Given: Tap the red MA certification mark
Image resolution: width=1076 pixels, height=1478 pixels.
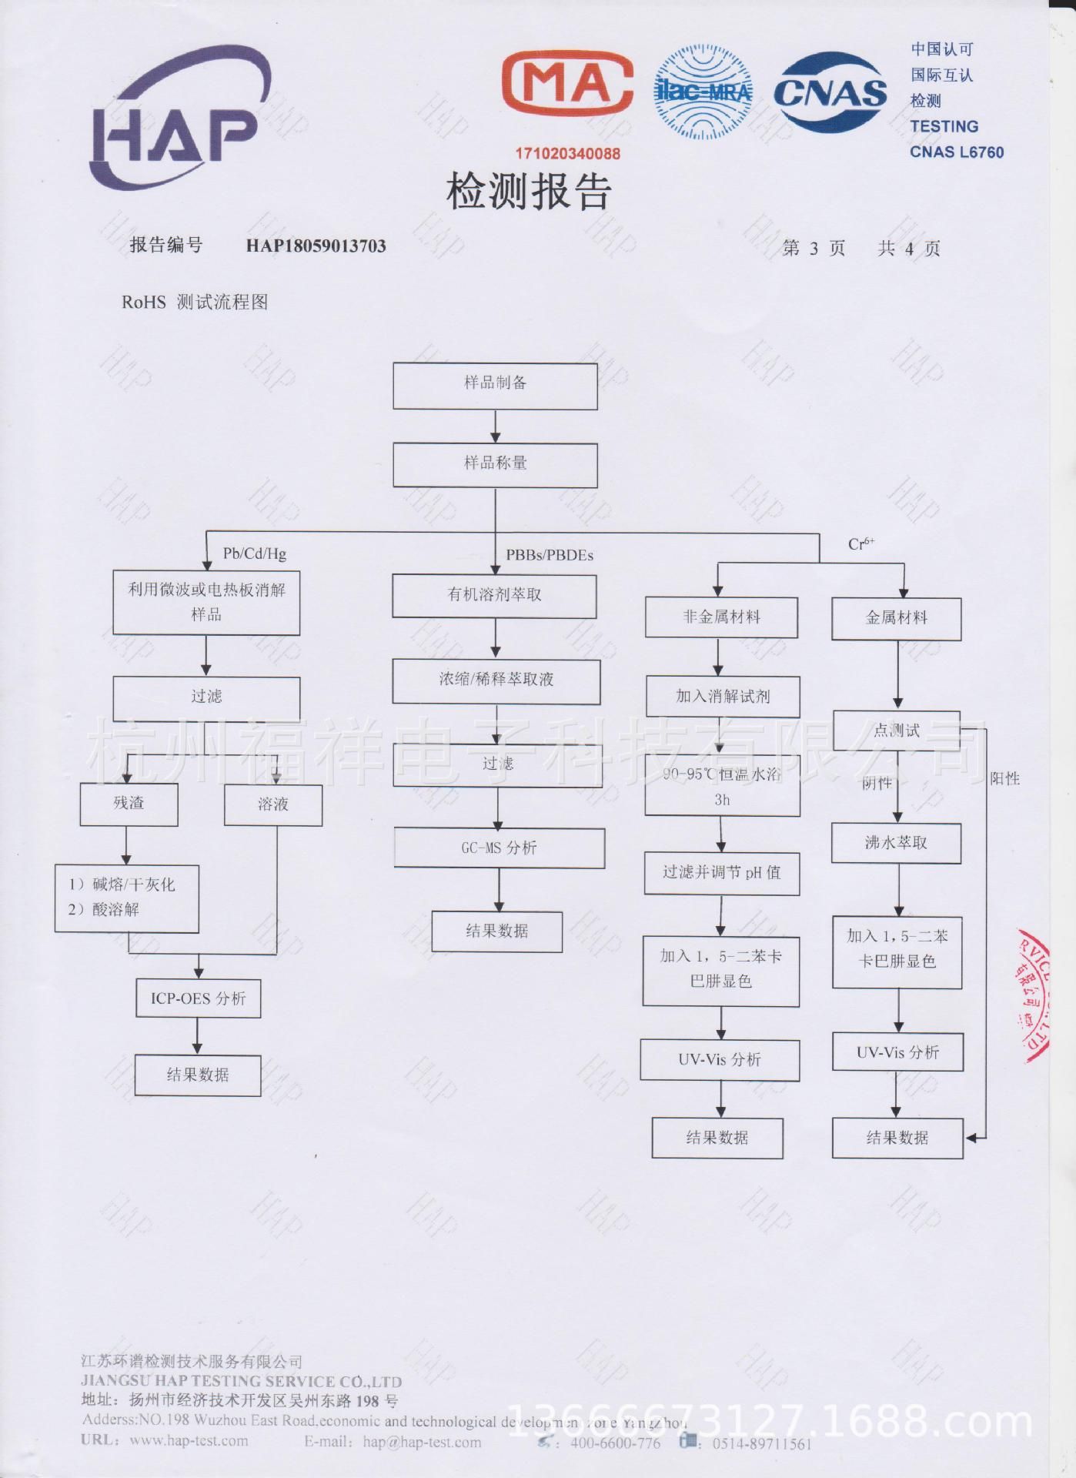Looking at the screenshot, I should coord(567,84).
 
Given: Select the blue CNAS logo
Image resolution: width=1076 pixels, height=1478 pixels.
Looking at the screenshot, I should coord(830,93).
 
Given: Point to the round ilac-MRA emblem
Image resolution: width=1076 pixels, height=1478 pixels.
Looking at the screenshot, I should coord(702,92).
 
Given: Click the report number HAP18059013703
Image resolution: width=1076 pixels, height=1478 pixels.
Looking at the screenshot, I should coord(316,246).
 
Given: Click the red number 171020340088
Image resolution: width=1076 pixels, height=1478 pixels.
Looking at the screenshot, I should coord(567,153).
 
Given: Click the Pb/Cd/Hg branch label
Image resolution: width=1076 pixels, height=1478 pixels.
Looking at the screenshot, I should coord(255,553).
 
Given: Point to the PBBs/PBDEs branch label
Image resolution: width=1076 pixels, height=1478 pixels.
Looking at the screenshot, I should coord(549,555).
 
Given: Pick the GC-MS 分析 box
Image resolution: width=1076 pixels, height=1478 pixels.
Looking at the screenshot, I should coord(500,848).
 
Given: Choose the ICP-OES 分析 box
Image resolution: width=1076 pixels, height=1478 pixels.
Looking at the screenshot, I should coord(199,998).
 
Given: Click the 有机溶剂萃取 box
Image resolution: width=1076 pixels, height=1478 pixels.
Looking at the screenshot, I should coord(494,595).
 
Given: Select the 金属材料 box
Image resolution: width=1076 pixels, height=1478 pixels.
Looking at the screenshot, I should coord(896,617).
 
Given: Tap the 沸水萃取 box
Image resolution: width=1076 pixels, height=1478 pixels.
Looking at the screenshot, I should coord(896,843).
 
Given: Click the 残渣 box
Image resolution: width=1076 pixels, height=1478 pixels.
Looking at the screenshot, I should coord(129,804).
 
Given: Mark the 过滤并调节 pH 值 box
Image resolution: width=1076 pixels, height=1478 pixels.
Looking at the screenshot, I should coord(721,872).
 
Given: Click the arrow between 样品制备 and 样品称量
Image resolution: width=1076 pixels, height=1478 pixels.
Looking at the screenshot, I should coord(495,426).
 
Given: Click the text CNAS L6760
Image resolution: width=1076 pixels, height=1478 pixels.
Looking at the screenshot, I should coord(957,152).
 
